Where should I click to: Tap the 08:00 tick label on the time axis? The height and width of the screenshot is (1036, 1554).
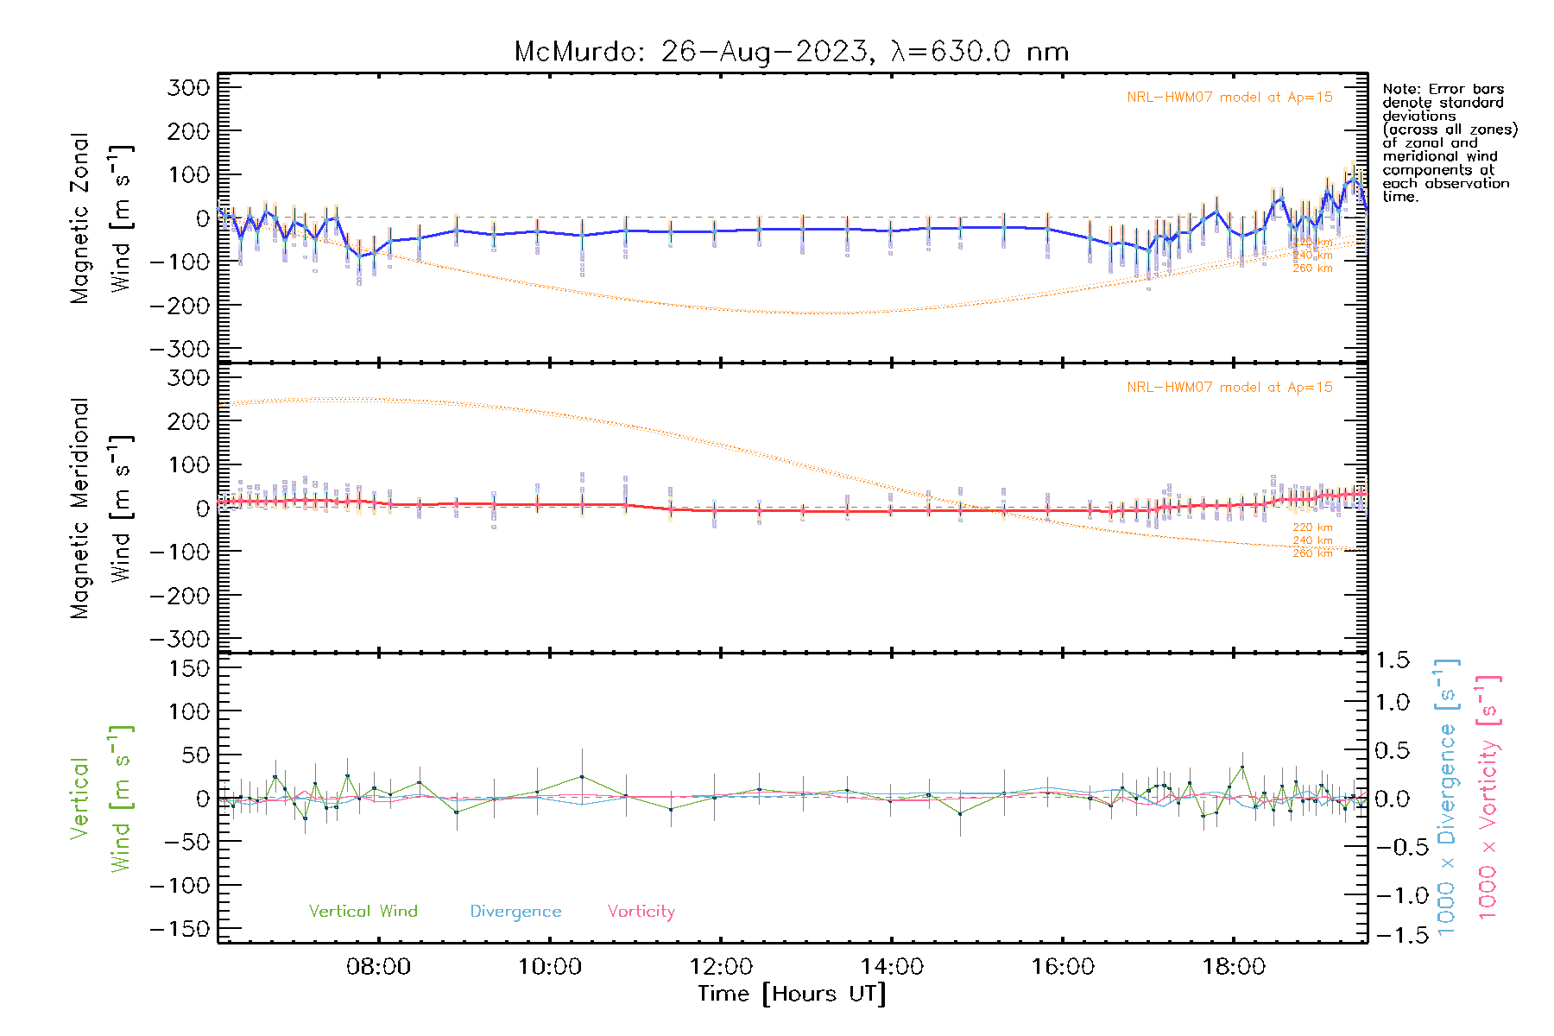[x=378, y=966]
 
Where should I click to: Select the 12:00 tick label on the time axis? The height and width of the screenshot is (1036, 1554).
[x=721, y=966]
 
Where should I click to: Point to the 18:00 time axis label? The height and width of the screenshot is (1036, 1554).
[x=1234, y=966]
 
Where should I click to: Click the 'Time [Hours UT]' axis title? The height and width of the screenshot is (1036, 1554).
[x=792, y=994]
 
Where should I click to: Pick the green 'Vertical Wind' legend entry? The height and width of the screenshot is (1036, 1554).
[x=363, y=911]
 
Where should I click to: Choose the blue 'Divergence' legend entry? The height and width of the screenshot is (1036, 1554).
[x=515, y=911]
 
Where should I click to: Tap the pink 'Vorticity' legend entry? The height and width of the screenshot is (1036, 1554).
[x=641, y=911]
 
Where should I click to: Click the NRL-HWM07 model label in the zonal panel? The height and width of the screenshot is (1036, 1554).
[x=1229, y=98]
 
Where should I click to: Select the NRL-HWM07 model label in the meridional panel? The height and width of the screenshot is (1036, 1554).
[x=1229, y=388]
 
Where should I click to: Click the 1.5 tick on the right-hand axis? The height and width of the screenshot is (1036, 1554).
[x=1392, y=660]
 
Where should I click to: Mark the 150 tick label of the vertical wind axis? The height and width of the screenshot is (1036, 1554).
[x=189, y=668]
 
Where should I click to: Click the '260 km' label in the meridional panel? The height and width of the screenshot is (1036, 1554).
[x=1312, y=553]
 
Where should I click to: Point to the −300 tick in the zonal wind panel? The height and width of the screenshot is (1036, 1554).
[x=180, y=349]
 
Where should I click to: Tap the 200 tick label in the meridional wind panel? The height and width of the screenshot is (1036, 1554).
[x=189, y=421]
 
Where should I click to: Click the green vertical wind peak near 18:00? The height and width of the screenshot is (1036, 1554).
[x=1242, y=767]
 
